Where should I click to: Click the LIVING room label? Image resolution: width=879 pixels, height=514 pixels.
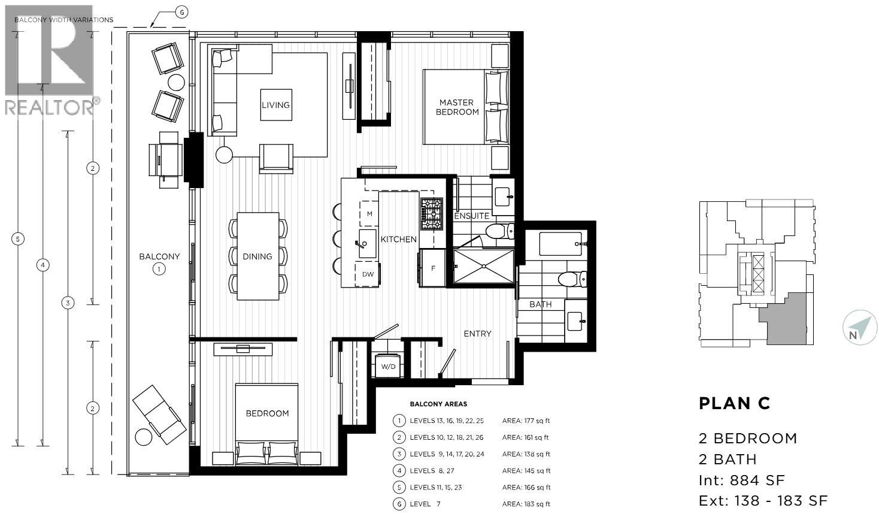coord(275,105)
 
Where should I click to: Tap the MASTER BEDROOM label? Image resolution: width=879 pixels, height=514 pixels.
coord(457,107)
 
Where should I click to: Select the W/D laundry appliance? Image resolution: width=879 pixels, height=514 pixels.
coord(388,366)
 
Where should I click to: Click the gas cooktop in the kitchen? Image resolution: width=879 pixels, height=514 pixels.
coord(431,214)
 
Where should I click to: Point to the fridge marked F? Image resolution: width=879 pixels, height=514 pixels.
coord(433,268)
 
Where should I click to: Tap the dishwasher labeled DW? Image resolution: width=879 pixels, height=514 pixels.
coord(368,274)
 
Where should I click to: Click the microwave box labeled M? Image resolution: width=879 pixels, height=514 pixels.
coord(369,214)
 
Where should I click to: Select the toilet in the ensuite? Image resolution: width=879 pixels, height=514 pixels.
coord(498,231)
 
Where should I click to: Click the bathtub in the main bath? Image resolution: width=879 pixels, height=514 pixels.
coord(561,244)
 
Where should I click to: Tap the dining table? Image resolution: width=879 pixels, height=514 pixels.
coord(258,256)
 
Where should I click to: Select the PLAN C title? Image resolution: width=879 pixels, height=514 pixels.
coord(734,404)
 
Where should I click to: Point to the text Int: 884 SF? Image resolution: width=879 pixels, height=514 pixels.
coord(741,480)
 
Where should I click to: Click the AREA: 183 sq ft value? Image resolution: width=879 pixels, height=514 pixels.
coord(526,504)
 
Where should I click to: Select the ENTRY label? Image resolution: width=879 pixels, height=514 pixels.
coord(477,334)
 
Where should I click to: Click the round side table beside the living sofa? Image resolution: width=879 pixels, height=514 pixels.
coord(223,155)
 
